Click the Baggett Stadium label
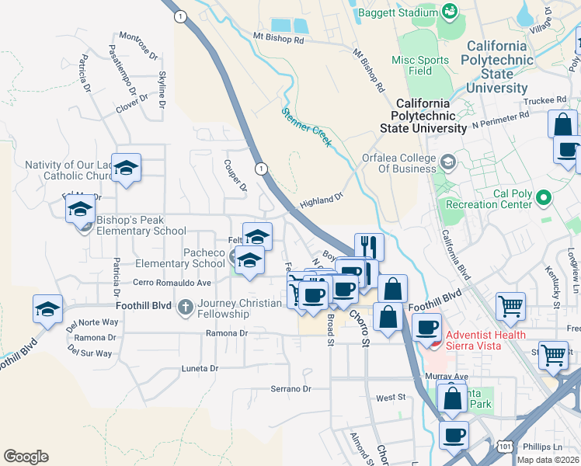coord(396,13)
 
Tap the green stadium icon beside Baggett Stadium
coord(449,11)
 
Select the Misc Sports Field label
coord(420,65)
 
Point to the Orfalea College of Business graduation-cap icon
coord(448,162)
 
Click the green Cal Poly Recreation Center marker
coord(544,200)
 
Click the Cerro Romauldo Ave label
coord(172,282)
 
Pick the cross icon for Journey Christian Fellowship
coord(185,307)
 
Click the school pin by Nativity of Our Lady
coord(126,167)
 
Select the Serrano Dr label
coord(290,388)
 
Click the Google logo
coord(26,456)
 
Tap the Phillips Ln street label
coord(542,447)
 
